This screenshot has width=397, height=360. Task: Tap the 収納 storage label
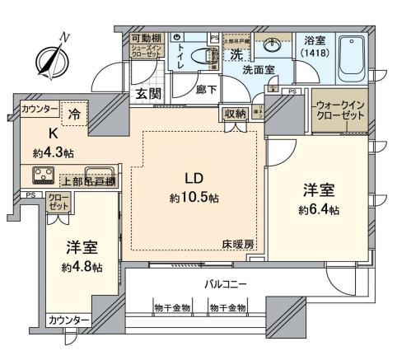233,114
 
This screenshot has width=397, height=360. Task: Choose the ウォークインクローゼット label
338,110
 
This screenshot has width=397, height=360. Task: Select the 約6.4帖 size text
318,209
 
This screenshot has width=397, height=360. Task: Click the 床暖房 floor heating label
237,245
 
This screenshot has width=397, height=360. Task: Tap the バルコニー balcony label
226,284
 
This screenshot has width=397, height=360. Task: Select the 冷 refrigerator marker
75,116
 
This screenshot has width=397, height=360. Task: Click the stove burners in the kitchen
44,174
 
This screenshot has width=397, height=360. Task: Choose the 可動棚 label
147,38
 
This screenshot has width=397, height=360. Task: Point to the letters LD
194,180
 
